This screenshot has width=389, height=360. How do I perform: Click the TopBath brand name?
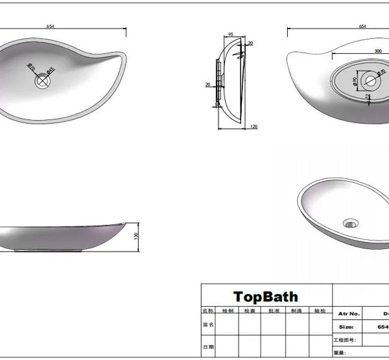click(266, 297)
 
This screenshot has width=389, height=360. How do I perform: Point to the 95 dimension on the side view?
click(230, 34)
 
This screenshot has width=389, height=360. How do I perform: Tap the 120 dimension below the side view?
click(253, 127)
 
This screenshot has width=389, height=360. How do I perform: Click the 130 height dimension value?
click(136, 236)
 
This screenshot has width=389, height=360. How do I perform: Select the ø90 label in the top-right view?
click(355, 82)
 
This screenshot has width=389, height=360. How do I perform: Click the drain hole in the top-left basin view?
click(43, 82)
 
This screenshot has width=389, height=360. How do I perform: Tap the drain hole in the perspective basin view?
click(352, 223)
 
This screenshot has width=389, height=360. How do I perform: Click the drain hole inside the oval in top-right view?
click(371, 81)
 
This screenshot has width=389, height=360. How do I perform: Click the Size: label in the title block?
click(346, 328)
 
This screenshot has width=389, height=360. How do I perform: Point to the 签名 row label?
click(208, 324)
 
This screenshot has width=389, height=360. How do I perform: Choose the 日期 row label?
click(208, 347)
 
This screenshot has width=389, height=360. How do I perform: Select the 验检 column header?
click(319, 311)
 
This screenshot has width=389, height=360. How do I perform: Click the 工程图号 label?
click(344, 340)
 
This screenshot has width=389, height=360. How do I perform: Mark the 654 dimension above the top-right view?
click(362, 26)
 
